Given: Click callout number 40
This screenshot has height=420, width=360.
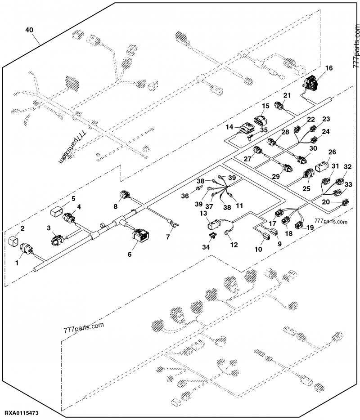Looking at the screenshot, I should [x=29, y=30].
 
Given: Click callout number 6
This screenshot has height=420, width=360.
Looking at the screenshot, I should [x=130, y=254].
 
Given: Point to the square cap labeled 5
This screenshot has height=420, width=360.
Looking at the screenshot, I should [x=57, y=210].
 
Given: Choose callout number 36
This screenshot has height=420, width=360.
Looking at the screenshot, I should [x=185, y=196].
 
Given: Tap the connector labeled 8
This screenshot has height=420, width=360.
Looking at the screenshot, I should [x=125, y=196].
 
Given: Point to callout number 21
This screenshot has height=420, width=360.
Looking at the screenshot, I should [x=287, y=95].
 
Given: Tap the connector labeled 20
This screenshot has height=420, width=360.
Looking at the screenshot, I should [x=345, y=202].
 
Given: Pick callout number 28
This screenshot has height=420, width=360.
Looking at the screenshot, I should [x=285, y=132].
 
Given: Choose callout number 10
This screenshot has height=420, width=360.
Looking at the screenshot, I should [x=260, y=248].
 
